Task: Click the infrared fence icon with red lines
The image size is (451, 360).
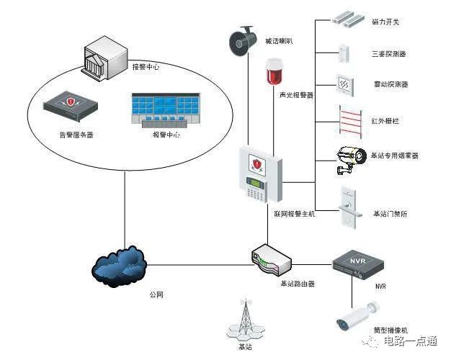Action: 349,119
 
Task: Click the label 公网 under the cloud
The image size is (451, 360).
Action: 156,295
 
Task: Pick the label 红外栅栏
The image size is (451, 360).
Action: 385,121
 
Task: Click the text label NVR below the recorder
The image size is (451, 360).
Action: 380,287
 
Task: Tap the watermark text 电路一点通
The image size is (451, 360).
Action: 412,341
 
